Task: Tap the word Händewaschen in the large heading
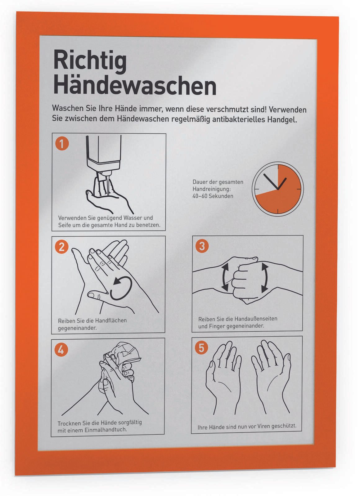coord(135,85)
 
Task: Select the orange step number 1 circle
coord(62,144)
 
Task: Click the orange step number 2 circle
coord(61,247)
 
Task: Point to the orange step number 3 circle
coord(202,246)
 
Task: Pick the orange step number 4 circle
coord(61,350)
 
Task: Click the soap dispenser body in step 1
coord(104,153)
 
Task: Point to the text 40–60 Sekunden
coord(213,196)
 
